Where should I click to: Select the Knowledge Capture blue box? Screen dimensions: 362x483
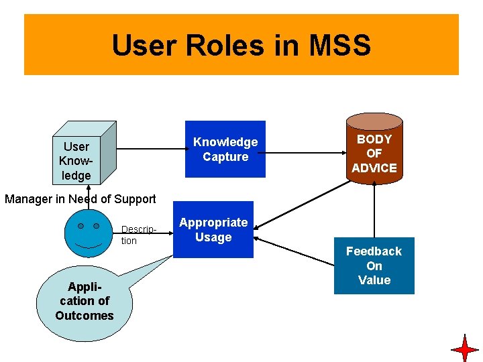coord(225,149)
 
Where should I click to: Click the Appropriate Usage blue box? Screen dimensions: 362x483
coord(213,230)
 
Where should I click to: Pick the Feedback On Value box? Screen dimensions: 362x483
coord(374,265)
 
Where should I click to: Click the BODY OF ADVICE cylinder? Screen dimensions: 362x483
coord(374,154)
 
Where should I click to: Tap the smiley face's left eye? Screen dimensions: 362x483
coord(80,227)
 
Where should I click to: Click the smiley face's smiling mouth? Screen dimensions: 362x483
coord(88,245)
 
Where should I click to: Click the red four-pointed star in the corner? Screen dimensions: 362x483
coord(465,349)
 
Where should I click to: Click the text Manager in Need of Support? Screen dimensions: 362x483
coord(80,198)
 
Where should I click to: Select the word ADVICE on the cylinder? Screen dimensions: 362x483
coord(374,168)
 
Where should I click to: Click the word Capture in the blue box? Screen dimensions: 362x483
coord(225,157)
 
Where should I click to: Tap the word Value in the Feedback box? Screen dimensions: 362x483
coord(374,280)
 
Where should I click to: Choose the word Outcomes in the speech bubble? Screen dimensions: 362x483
coord(85,316)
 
